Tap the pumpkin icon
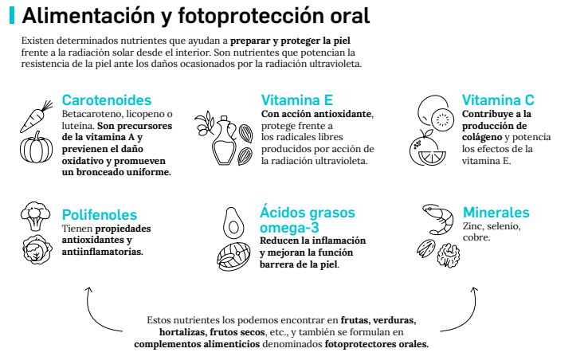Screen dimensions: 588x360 coord(37,147)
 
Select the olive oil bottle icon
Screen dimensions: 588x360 coord(224,141)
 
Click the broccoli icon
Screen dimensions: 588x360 coord(35,217)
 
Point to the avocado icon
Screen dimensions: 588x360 coord(233,223)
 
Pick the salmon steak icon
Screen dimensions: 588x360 coord(233,256)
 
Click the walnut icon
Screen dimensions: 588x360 coord(449,256)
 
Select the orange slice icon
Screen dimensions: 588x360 coord(432,158)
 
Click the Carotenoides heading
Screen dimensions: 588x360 coord(107,100)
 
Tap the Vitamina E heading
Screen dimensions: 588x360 coord(297,100)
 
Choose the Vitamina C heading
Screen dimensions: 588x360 coord(498,100)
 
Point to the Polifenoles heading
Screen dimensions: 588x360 coord(100,215)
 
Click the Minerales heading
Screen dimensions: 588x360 coord(496,212)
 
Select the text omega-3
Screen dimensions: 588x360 coord(289,228)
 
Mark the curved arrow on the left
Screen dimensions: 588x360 coord(94,317)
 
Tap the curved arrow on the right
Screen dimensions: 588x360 coord(468,317)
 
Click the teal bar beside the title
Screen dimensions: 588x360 coord(12,15)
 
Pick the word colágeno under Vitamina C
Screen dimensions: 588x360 coord(482,138)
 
